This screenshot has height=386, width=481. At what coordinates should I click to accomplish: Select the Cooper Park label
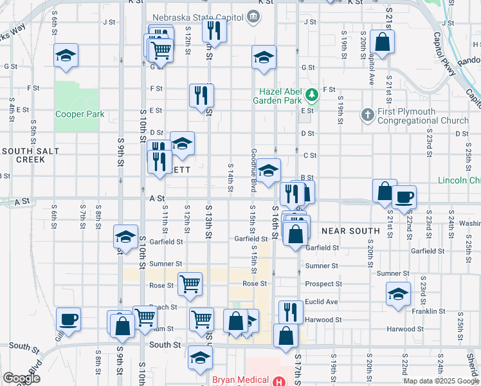point(80,115)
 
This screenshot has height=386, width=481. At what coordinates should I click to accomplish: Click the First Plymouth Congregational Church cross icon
point(367,115)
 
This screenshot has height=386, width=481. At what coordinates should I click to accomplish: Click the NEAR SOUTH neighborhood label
point(350,230)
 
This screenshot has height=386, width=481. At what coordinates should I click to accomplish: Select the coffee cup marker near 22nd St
point(404,197)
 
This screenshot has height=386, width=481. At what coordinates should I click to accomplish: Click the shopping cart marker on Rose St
point(190,283)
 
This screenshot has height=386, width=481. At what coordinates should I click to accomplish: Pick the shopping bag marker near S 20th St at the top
point(383,42)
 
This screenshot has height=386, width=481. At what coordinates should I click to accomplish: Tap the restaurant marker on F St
point(201,95)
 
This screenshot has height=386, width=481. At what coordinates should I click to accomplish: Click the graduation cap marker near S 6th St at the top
point(66,55)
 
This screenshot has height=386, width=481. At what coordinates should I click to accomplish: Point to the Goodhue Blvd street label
point(254,170)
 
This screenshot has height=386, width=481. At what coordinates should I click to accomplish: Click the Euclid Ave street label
point(322,302)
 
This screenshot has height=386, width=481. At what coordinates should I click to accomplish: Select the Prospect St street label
point(323,284)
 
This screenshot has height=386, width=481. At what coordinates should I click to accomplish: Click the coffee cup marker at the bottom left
point(68,318)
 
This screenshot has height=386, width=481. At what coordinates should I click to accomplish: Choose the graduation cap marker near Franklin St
point(399,295)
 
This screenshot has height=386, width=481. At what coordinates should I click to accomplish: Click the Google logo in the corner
point(21,378)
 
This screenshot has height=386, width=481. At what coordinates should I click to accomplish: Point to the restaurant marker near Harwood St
point(291,312)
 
